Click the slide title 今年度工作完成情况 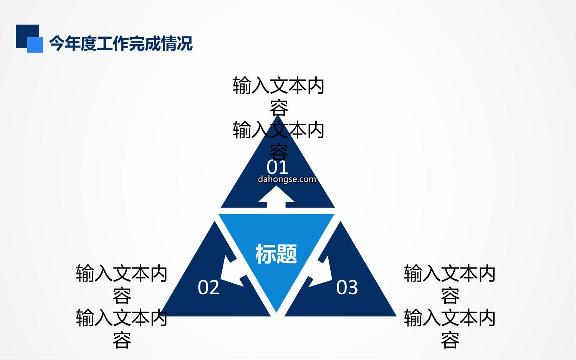pyautogui.click(x=121, y=43)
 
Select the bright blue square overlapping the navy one pyautogui.click(x=35, y=45)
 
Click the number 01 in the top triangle pyautogui.click(x=277, y=167)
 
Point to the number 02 pyautogui.click(x=208, y=287)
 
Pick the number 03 pyautogui.click(x=347, y=287)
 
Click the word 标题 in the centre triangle pyautogui.click(x=276, y=254)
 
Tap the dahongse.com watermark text pyautogui.click(x=287, y=179)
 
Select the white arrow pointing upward pyautogui.click(x=276, y=197)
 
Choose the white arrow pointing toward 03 pyautogui.click(x=321, y=272)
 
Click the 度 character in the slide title pyautogui.click(x=89, y=43)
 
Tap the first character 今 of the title pyautogui.click(x=56, y=43)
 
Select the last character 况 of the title pyautogui.click(x=185, y=43)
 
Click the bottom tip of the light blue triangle pyautogui.click(x=276, y=312)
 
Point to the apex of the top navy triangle pyautogui.click(x=278, y=116)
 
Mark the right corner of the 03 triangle pyautogui.click(x=396, y=316)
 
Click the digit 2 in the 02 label pyautogui.click(x=214, y=287)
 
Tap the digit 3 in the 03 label pyautogui.click(x=353, y=287)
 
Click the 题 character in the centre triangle pyautogui.click(x=287, y=254)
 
